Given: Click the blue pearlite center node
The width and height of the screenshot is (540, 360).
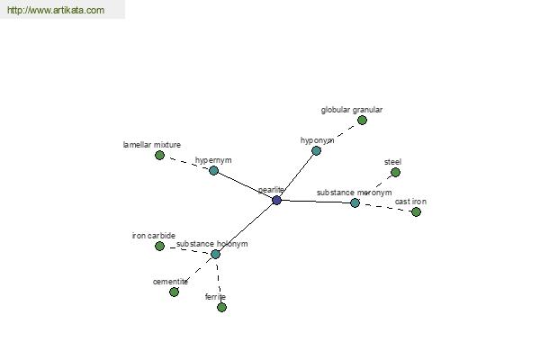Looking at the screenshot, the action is (276, 200).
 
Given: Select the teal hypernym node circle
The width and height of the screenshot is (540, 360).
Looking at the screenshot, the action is (213, 170).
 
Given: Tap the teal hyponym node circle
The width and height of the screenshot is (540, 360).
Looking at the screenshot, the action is (316, 150).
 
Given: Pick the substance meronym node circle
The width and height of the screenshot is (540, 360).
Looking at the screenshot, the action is (355, 202).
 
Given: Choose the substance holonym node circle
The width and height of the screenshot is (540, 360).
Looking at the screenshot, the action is (215, 254).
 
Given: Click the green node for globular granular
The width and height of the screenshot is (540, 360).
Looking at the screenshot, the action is (362, 121).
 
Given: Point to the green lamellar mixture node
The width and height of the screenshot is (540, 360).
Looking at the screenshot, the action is (159, 156).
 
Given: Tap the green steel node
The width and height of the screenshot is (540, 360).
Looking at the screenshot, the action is (395, 172).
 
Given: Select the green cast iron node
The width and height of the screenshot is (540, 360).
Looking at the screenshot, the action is (416, 211).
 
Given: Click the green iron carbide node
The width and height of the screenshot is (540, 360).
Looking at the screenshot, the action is (159, 246).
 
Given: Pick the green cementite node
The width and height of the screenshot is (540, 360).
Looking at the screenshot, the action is (174, 292).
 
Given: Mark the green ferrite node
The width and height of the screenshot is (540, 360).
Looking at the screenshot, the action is (221, 307).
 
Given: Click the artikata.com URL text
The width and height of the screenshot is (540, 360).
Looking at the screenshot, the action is (56, 10).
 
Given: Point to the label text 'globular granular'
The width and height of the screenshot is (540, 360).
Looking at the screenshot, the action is (352, 110).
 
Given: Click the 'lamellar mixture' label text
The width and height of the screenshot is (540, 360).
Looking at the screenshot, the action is (152, 145).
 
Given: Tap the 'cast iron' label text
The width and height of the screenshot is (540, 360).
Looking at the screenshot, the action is (410, 202).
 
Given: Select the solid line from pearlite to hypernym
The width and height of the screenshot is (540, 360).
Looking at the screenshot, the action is (245, 185).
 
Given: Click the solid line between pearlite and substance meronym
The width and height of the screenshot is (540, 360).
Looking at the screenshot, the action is (316, 202).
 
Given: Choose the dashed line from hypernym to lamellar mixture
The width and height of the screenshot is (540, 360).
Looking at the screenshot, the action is (186, 163).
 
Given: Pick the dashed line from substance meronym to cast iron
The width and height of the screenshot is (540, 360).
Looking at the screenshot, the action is (385, 207).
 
